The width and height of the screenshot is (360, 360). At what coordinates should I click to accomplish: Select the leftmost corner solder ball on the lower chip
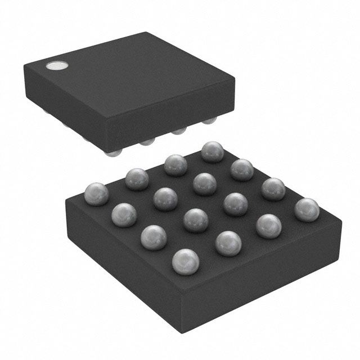point(96,194)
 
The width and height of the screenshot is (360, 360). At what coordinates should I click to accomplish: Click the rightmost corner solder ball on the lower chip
point(307,209)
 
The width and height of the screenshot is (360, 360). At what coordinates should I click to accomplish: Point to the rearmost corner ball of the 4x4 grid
point(213,151)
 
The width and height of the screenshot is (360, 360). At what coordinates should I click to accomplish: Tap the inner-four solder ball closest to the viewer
point(196,219)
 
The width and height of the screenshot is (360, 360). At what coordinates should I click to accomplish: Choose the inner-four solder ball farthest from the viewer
point(205,183)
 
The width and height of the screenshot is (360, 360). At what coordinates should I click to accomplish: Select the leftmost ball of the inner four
point(165,199)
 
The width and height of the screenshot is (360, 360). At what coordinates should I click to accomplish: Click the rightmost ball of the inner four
point(235,204)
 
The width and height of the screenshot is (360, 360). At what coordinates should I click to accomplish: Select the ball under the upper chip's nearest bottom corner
point(114,152)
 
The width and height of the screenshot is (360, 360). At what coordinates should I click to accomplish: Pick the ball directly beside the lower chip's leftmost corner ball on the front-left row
point(124,214)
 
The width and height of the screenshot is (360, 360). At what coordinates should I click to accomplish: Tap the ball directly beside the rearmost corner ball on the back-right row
point(242,169)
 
